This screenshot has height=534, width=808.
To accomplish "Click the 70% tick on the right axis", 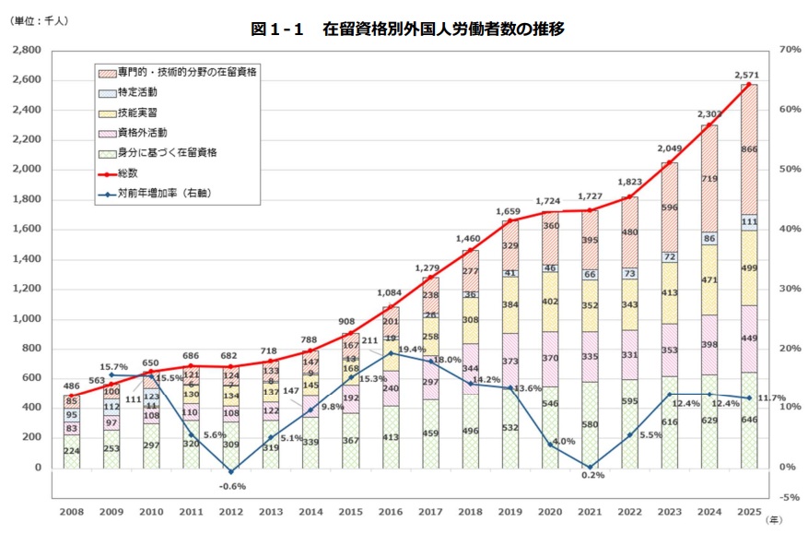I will pyautogui.click(x=788, y=50).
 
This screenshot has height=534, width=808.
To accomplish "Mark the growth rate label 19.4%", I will pyautogui.click(x=413, y=350).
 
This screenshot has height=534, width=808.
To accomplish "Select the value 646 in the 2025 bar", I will pyautogui.click(x=749, y=420).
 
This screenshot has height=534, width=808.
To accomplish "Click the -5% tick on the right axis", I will pyautogui.click(x=788, y=497).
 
